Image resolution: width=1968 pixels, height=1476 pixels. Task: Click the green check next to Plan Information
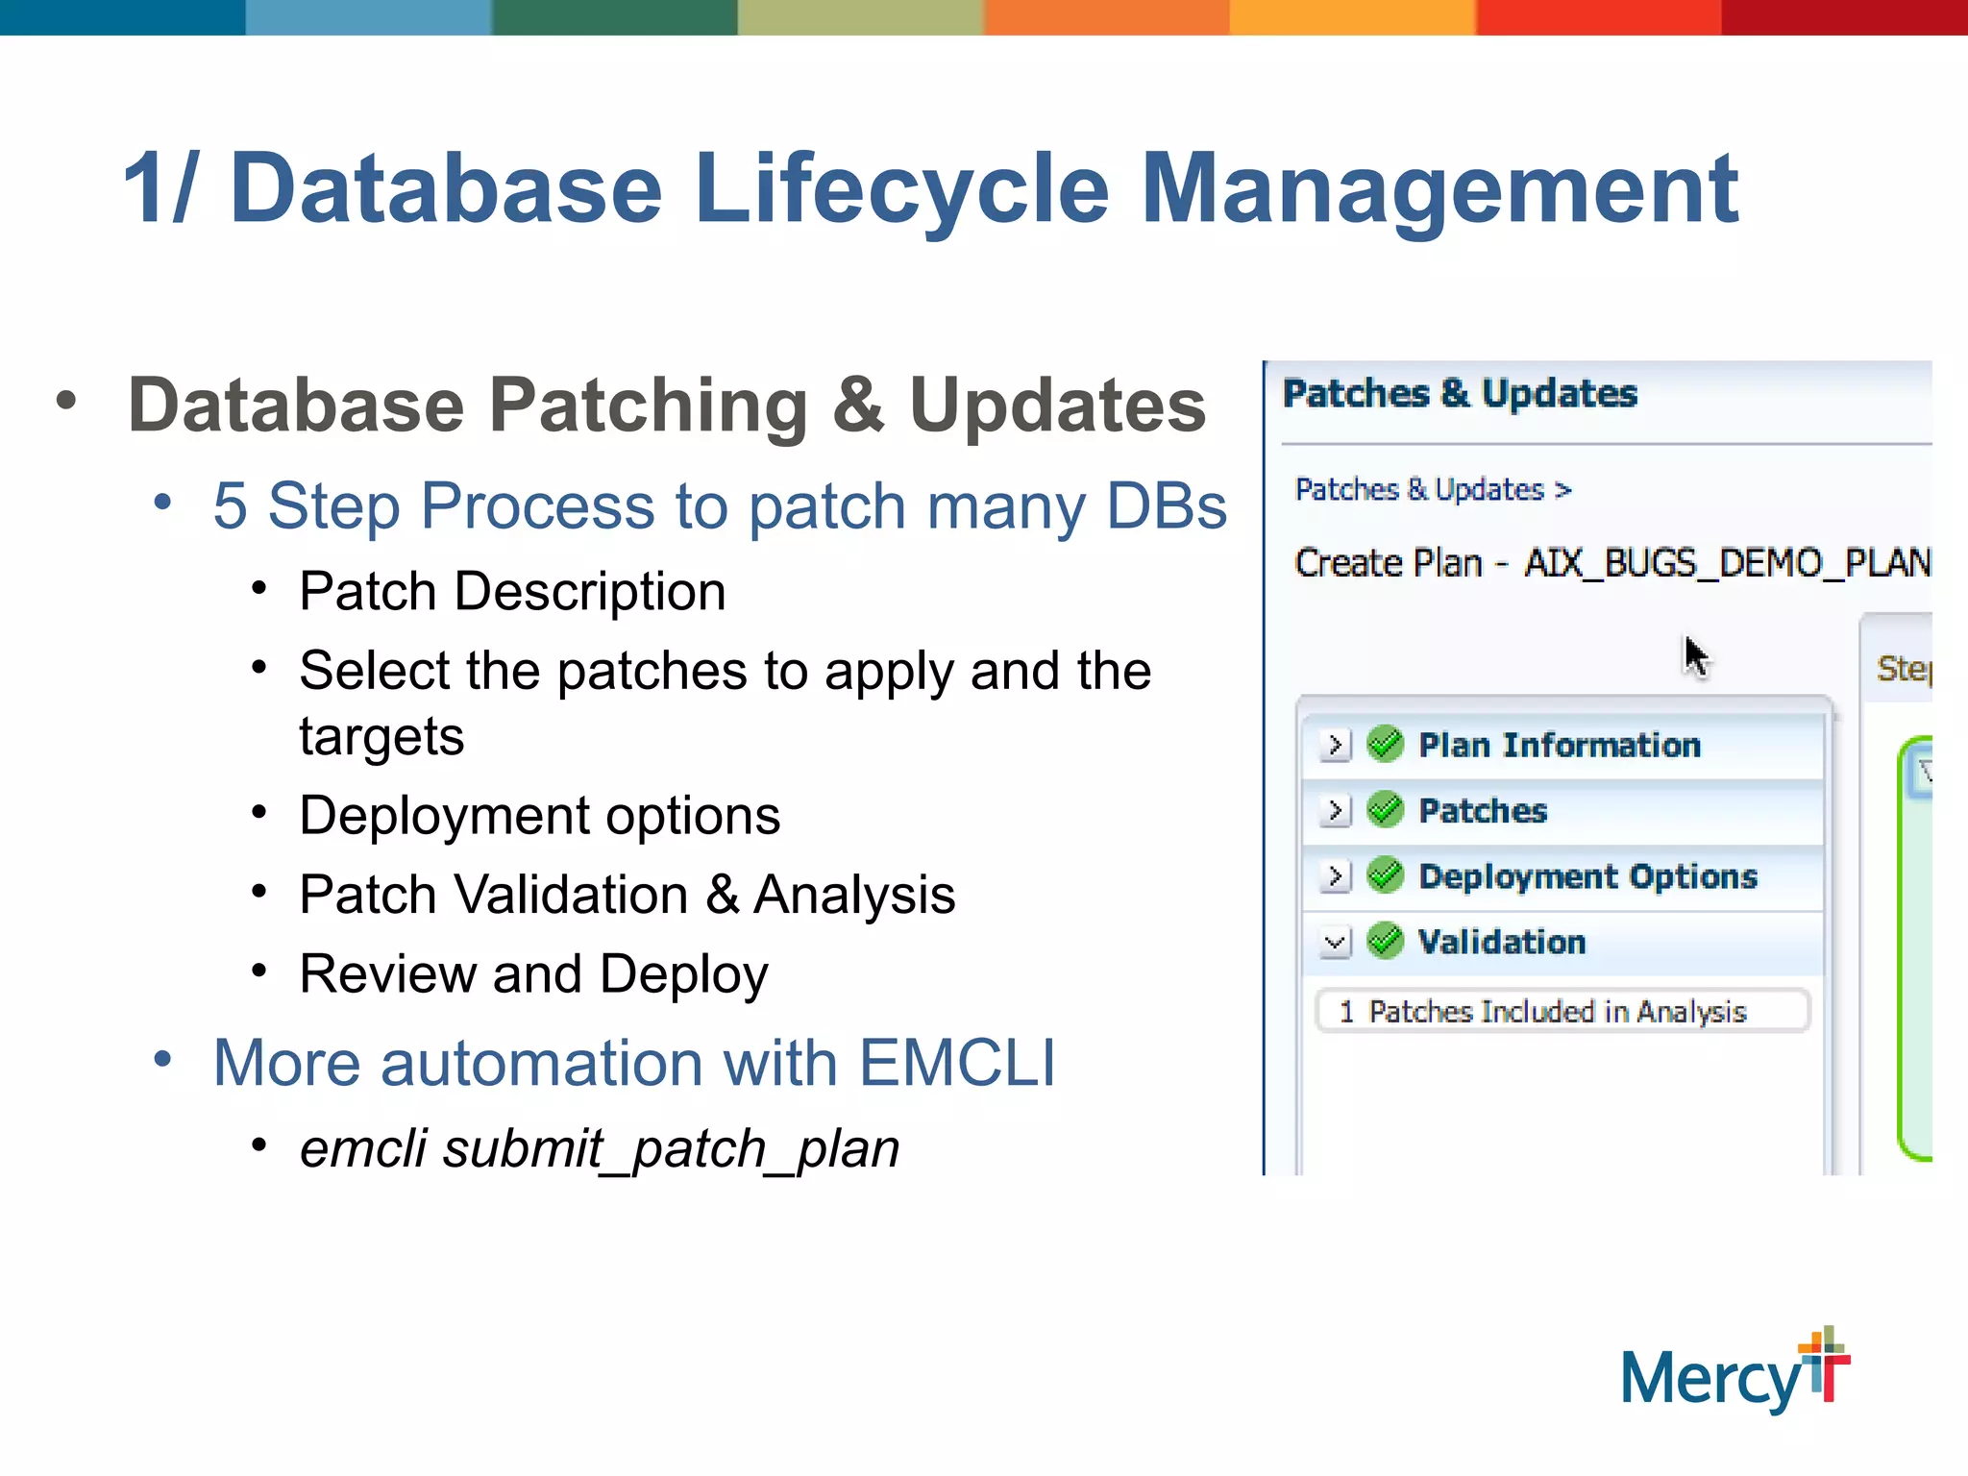(1385, 744)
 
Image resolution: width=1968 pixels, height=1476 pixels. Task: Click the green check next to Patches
(1385, 809)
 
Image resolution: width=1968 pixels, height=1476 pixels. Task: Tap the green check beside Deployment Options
(1385, 874)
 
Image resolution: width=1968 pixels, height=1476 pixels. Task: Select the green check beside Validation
(1385, 941)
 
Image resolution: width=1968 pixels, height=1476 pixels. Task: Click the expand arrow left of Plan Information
(1335, 745)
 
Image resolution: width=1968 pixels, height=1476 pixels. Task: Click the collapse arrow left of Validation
(1335, 942)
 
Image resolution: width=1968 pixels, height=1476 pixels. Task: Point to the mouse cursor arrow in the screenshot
(1695, 656)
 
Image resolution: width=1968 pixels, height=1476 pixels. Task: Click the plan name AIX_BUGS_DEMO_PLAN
(1727, 563)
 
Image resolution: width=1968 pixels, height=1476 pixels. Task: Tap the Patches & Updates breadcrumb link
(1419, 490)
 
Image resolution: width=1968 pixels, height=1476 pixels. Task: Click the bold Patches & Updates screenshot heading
(1460, 394)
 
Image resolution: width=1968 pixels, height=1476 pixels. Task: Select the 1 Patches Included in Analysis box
(1561, 1011)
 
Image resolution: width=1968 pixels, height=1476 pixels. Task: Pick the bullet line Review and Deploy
(533, 974)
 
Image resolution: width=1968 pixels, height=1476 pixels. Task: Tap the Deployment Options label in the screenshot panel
(1587, 876)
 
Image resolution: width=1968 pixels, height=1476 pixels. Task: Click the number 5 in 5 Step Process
(230, 506)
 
